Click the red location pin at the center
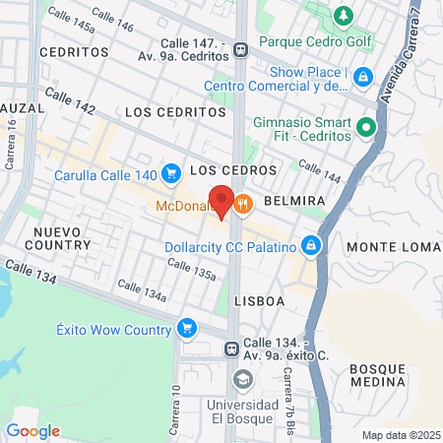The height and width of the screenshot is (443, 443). pos(221,201)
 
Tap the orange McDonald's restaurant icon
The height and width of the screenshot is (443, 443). pos(245,205)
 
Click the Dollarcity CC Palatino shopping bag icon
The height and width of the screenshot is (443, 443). pos(311,243)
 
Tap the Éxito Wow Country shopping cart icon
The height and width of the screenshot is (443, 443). pos(186,328)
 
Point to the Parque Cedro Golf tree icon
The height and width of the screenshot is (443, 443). pos(343,16)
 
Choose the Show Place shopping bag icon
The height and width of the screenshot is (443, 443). pos(362,75)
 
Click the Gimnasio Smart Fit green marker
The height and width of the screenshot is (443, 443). pos(366,127)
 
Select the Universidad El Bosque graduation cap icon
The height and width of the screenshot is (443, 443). pos(241,379)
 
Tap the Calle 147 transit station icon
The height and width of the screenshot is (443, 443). pos(241,53)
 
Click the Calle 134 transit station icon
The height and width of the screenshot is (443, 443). pos(230,348)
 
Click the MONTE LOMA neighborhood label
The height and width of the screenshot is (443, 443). pos(393,245)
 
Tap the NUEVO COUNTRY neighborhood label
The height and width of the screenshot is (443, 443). pos(62,237)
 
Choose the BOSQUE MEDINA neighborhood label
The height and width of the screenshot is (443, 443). pos(377,374)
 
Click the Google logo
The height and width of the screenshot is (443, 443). pos(32,430)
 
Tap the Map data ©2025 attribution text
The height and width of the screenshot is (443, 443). pos(399,435)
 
